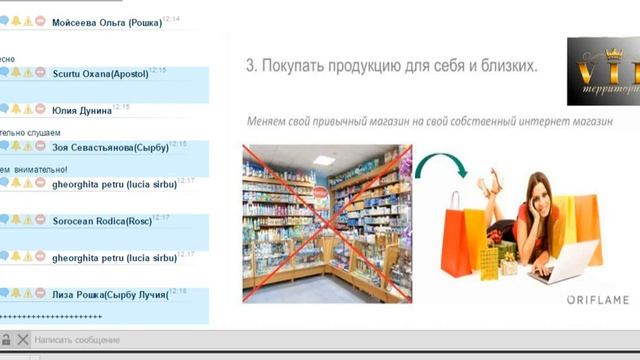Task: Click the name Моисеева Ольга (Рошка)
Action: pos(107,23)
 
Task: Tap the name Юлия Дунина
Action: pos(81,110)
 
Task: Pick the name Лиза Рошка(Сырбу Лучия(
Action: pos(110,294)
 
